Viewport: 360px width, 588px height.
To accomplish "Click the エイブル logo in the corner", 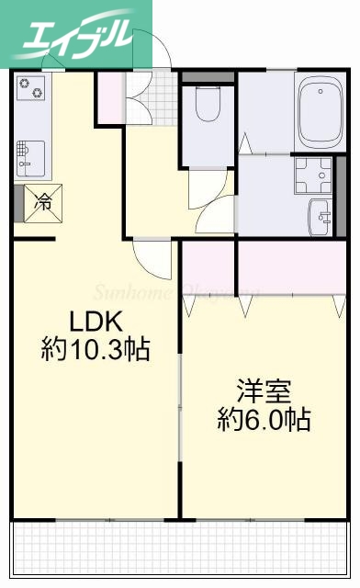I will (69, 35).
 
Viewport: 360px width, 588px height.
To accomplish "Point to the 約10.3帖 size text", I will (96, 350).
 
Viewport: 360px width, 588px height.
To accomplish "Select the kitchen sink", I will (28, 157).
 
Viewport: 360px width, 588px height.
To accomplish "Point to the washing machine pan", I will (313, 175).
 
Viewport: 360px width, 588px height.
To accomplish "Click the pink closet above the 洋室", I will (266, 266).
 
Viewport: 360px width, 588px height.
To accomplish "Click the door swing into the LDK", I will (152, 256).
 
